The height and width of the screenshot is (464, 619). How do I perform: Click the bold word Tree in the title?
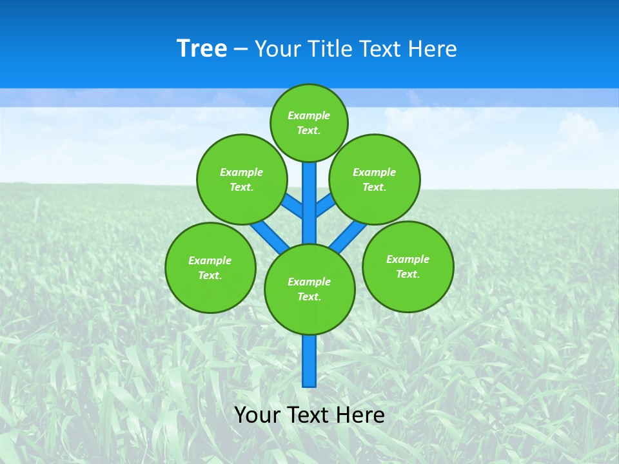(202, 49)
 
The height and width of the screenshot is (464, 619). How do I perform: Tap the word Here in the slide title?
(433, 49)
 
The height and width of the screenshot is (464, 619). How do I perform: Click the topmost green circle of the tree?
(309, 123)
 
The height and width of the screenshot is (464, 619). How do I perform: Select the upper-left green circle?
(241, 179)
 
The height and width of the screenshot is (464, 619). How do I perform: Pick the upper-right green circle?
(374, 179)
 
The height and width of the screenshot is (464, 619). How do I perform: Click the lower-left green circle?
(210, 267)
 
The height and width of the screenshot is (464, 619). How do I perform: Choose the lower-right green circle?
(408, 266)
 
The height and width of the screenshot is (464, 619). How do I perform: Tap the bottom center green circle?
(309, 289)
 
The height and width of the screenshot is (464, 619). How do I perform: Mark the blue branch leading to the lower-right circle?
(348, 237)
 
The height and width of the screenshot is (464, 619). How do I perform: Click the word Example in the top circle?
(309, 116)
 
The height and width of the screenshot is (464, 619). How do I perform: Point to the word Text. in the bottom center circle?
(309, 297)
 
